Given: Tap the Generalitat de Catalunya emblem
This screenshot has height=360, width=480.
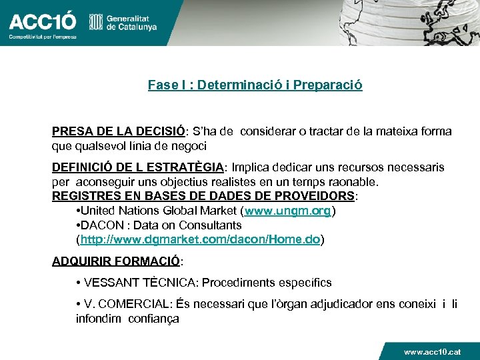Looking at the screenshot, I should pyautogui.click(x=97, y=23).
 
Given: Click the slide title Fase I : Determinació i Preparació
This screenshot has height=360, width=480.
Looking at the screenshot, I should pyautogui.click(x=255, y=85).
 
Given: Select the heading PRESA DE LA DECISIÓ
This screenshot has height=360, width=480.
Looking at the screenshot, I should pyautogui.click(x=118, y=131).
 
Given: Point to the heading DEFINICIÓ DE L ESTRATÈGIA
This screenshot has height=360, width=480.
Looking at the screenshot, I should pyautogui.click(x=138, y=167).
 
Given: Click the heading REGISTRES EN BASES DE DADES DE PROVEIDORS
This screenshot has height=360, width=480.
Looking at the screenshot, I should pyautogui.click(x=203, y=196).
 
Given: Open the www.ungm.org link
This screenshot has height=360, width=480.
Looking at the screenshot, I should pyautogui.click(x=288, y=211).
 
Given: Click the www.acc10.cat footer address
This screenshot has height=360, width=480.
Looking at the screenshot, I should pyautogui.click(x=432, y=351).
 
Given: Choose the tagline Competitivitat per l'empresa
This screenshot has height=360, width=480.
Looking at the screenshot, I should pyautogui.click(x=42, y=37).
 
